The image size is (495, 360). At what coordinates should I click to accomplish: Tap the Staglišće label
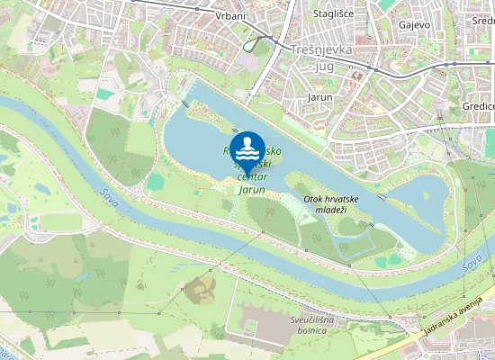(x=332, y=14)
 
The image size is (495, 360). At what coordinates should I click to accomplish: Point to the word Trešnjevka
(x=321, y=50)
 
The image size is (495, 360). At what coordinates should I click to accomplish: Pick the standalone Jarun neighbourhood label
(x=319, y=97)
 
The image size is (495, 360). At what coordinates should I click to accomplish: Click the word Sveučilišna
(x=323, y=319)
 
